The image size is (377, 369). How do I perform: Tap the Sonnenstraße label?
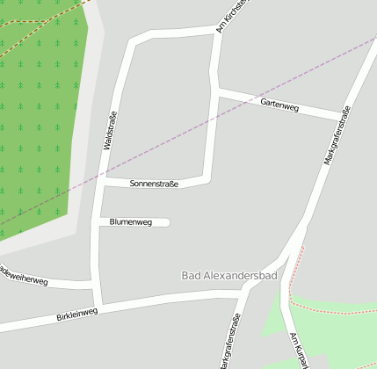coord(154,184)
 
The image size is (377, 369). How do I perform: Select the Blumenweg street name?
coord(131,222)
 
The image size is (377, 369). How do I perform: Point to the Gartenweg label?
coord(279,105)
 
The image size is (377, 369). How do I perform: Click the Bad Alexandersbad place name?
coord(228,276)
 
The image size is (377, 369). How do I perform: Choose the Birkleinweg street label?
coord(76,313)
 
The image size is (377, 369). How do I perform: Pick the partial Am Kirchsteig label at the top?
coord(232,15)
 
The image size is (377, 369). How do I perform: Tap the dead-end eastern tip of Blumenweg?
coord(166,222)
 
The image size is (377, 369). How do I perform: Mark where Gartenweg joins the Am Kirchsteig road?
coord(215,90)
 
